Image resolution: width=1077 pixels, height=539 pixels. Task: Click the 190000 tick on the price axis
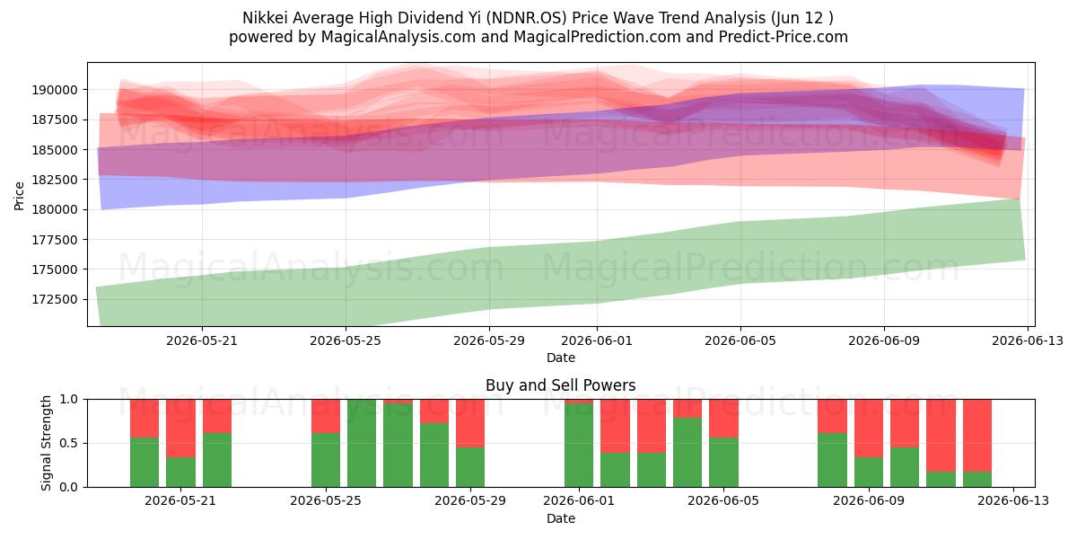55,90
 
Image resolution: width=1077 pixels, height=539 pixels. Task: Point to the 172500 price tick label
55,299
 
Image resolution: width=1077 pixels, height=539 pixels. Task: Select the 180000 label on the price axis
55,210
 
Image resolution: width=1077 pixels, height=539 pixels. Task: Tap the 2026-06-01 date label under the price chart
597,340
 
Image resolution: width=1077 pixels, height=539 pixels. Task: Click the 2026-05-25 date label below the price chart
346,340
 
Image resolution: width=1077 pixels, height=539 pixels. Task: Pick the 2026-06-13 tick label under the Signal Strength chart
1013,501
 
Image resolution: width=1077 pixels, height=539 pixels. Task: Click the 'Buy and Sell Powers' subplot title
561,385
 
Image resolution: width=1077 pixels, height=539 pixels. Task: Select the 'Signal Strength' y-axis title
46,443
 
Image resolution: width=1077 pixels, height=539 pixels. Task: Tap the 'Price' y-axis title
19,196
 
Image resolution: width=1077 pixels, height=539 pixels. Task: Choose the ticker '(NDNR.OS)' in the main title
525,18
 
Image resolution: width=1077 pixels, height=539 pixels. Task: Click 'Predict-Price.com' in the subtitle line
784,37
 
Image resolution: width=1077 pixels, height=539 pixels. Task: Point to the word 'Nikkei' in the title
265,18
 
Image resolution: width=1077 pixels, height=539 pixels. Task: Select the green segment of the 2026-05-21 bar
180,473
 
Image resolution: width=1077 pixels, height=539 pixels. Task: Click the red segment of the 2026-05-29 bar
470,423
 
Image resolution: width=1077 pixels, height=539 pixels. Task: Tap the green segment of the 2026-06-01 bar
579,446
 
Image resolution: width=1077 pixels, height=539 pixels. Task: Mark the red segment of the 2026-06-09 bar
869,429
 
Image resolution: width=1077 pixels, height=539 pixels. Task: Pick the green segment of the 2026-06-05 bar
723,462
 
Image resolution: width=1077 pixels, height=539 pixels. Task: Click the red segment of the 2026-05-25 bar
326,416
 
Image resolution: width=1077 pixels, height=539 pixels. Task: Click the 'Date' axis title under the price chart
561,358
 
